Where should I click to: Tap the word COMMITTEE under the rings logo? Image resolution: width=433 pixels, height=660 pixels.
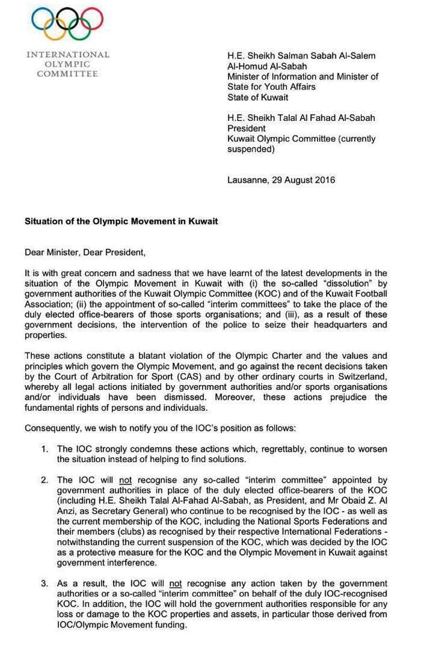(x=67, y=73)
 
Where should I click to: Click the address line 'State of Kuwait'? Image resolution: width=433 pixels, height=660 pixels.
(x=257, y=97)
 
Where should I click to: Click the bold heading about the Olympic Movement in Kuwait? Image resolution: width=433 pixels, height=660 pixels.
(x=121, y=221)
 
